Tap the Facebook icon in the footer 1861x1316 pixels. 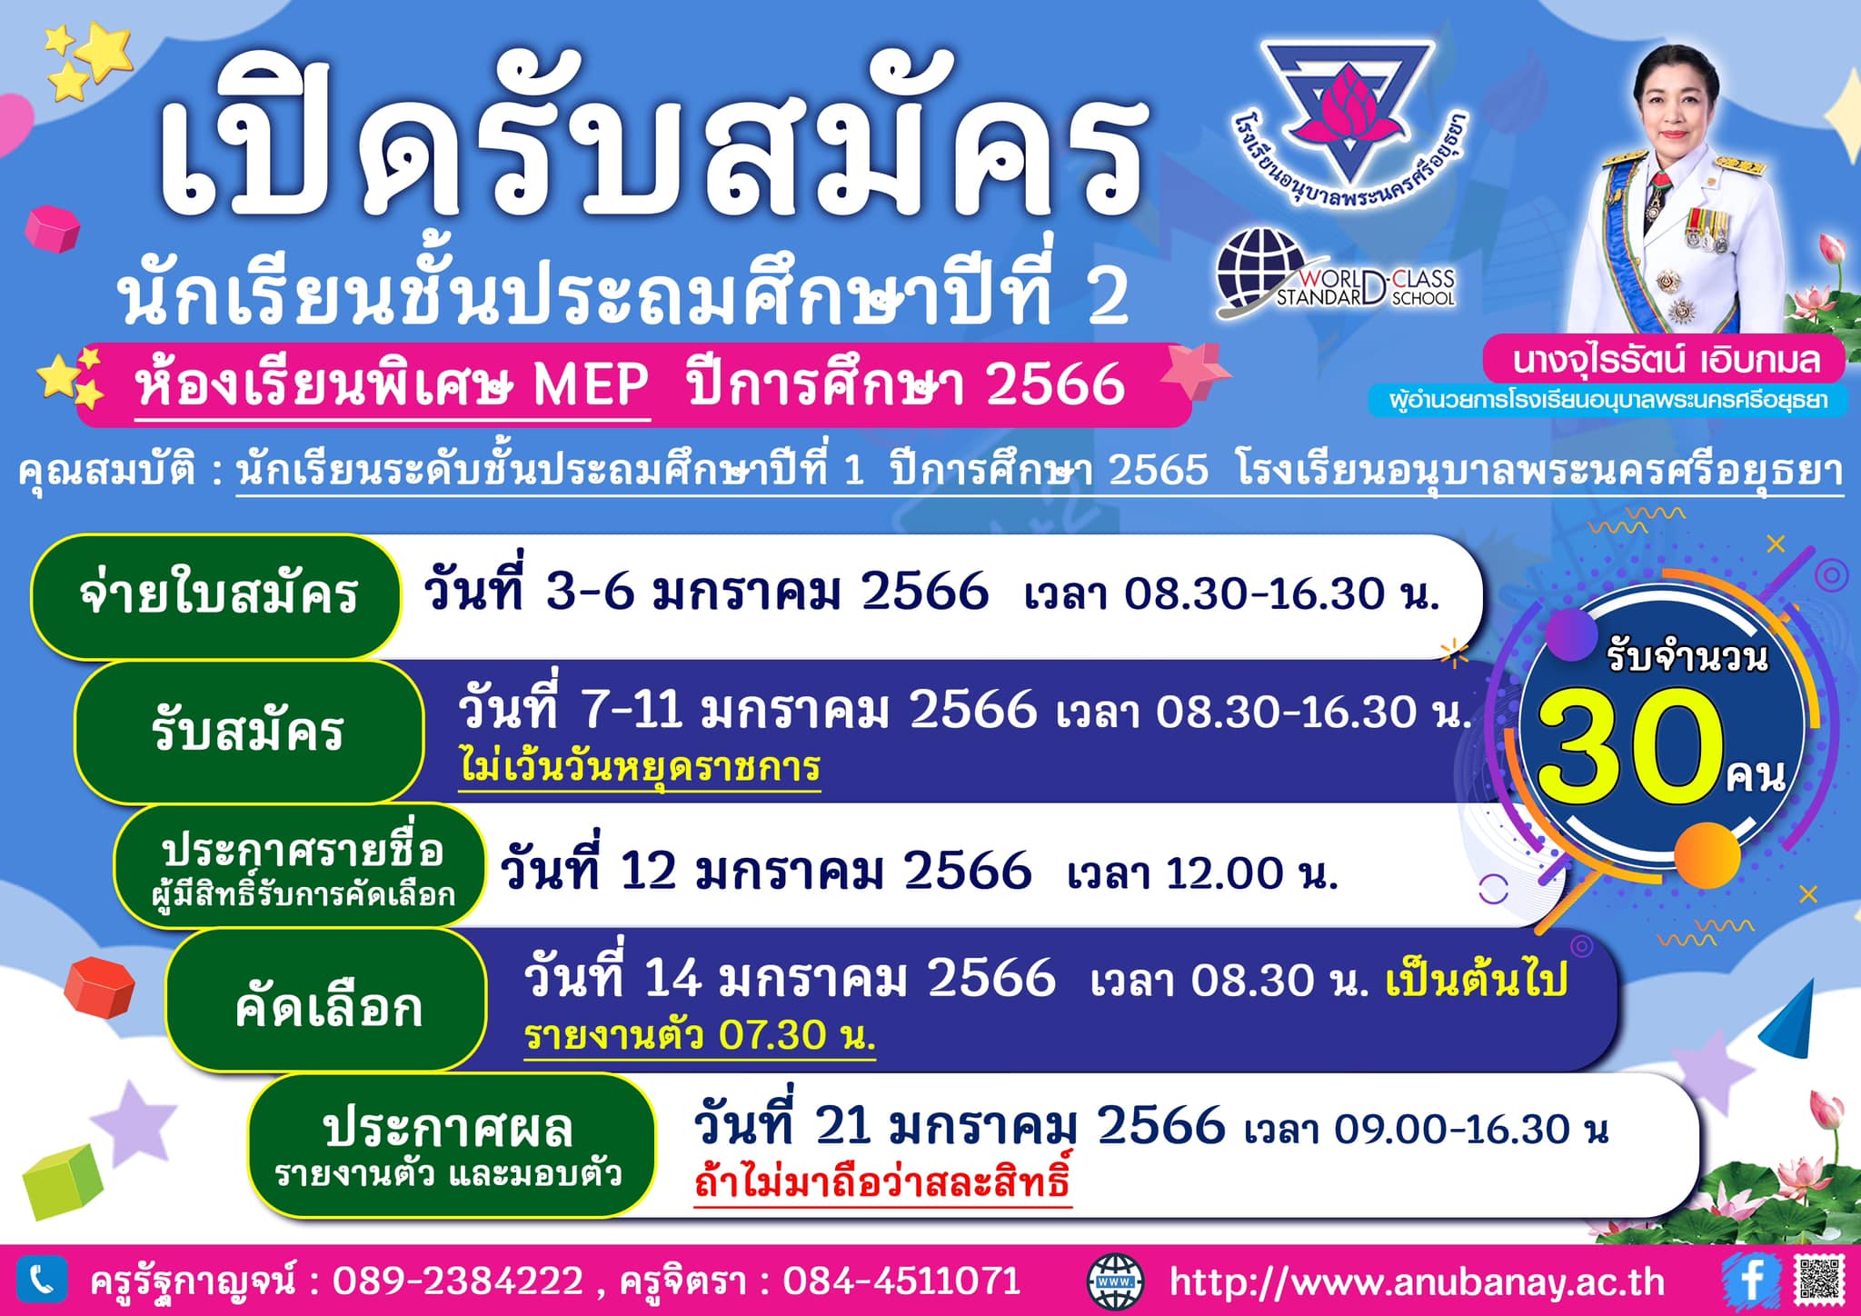[1749, 1280]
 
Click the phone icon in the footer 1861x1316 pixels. [41, 1280]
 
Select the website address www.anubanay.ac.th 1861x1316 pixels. [1417, 1281]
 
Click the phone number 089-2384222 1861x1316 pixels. [458, 1281]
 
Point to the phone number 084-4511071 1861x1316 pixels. [901, 1281]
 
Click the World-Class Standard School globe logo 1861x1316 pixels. [1336, 274]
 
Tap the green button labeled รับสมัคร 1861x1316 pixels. [248, 732]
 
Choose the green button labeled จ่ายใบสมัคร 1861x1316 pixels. [216, 596]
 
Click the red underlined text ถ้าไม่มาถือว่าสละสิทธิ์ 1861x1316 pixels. [882, 1181]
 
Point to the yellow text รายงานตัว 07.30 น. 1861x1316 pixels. [700, 1035]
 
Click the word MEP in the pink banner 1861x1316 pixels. [591, 384]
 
